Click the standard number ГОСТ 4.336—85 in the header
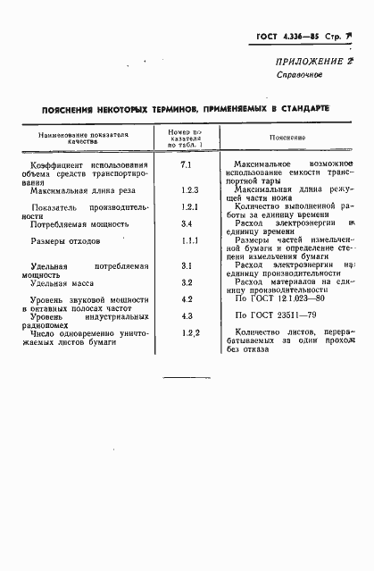click(x=285, y=39)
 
